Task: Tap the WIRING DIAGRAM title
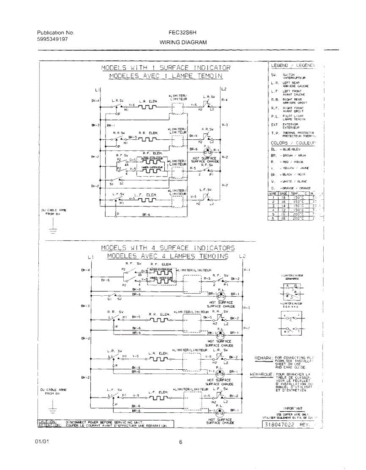click(183, 42)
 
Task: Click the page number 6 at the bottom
click(181, 443)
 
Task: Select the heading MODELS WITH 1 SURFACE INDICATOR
click(166, 68)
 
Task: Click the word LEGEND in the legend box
click(279, 65)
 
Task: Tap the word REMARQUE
click(261, 374)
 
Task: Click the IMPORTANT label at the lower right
click(293, 409)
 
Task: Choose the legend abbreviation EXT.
click(274, 125)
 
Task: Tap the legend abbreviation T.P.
click(274, 133)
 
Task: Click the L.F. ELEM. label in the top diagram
click(146, 195)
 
